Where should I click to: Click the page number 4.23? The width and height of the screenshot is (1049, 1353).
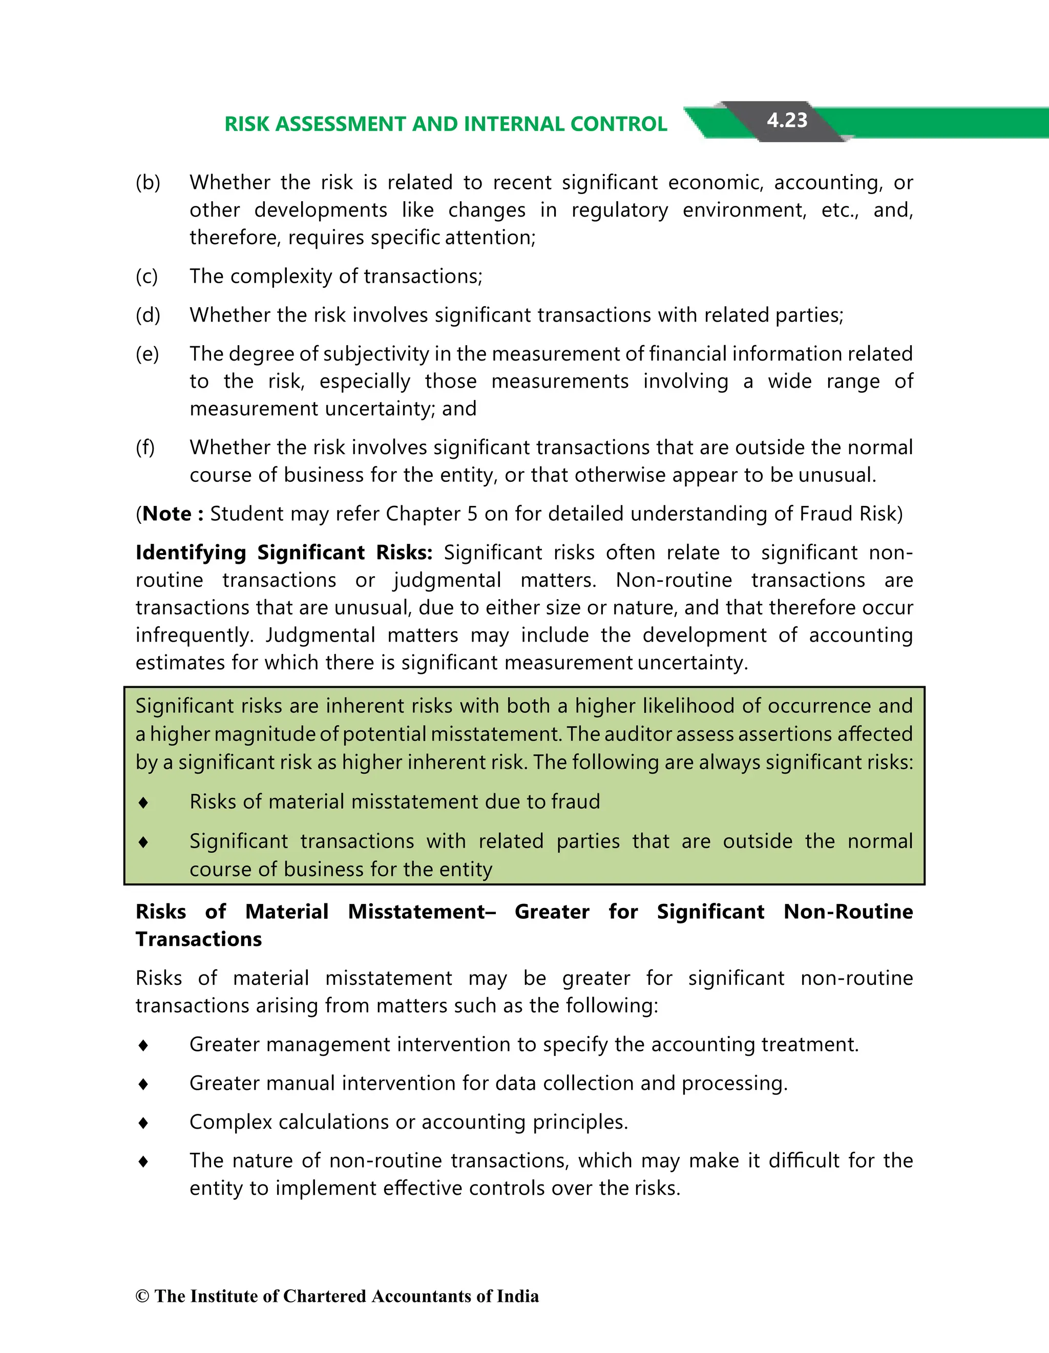pyautogui.click(x=787, y=120)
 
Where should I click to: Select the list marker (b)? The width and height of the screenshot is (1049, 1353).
pyautogui.click(x=148, y=183)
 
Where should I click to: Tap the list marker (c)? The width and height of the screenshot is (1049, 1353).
pyautogui.click(x=147, y=277)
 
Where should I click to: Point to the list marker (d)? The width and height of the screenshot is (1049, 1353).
pyautogui.click(x=148, y=315)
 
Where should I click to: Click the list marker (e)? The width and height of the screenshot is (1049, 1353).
pyautogui.click(x=147, y=354)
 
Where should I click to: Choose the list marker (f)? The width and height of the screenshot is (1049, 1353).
pyautogui.click(x=145, y=447)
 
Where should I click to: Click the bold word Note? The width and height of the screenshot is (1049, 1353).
pyautogui.click(x=166, y=514)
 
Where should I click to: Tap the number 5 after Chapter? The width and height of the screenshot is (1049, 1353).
pyautogui.click(x=472, y=514)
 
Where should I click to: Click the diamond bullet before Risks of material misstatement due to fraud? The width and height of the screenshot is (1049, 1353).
pyautogui.click(x=143, y=802)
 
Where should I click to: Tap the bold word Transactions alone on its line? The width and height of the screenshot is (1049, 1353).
pyautogui.click(x=198, y=939)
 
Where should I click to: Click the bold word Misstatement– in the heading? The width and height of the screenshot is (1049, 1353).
pyautogui.click(x=422, y=912)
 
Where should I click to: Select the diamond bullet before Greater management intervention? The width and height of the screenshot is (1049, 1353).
pyautogui.click(x=143, y=1045)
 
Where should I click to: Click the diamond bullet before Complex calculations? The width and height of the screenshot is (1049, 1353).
pyautogui.click(x=143, y=1123)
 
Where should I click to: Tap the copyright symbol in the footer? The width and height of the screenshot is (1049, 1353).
pyautogui.click(x=142, y=1297)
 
